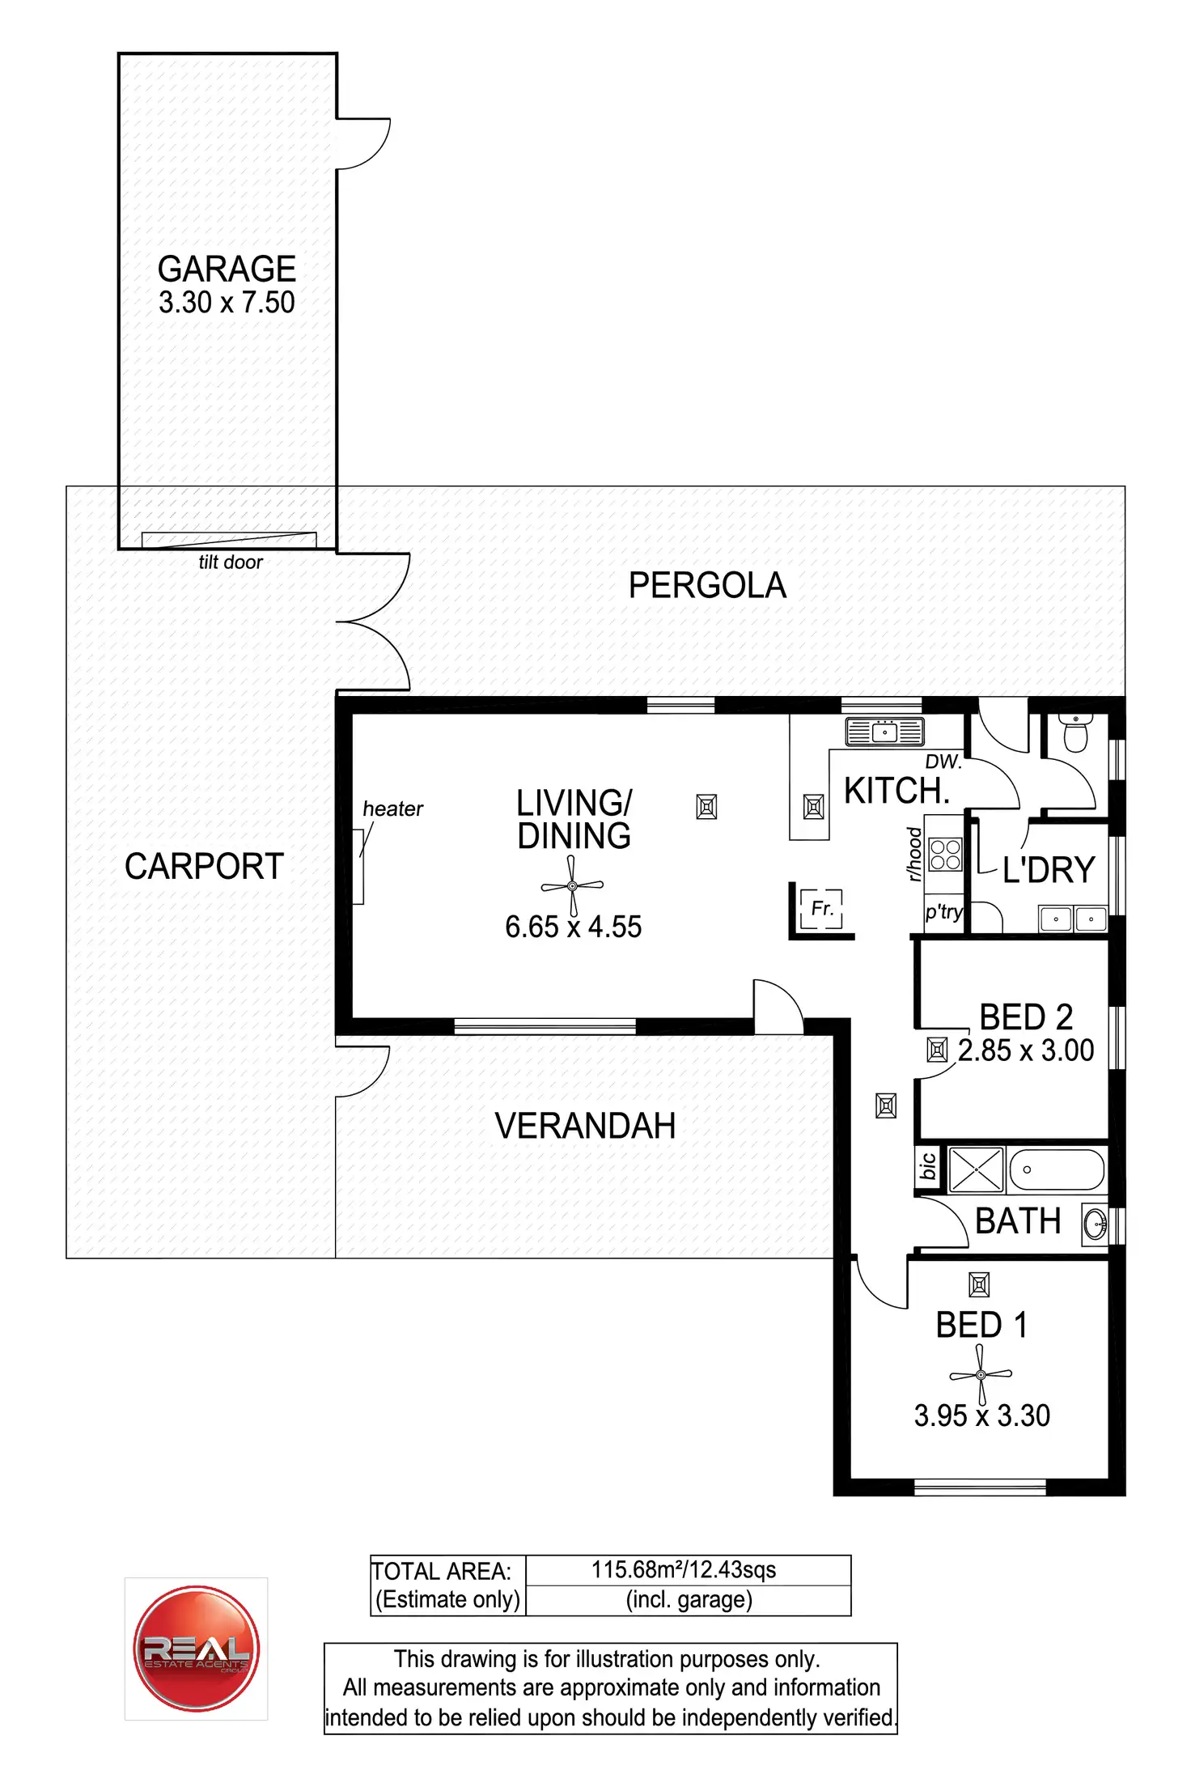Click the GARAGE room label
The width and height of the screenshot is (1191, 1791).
click(x=227, y=269)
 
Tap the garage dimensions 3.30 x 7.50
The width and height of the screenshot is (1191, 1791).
click(x=227, y=303)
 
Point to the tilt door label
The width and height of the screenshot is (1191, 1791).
click(x=231, y=562)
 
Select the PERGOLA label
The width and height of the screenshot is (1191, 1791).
click(x=707, y=585)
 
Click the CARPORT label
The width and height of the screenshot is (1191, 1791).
click(x=204, y=866)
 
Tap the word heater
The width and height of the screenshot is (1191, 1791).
click(x=392, y=808)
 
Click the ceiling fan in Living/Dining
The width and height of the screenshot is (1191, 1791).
click(x=572, y=886)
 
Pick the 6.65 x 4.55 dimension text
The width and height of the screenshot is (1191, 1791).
click(x=573, y=927)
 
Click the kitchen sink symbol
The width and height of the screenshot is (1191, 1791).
click(x=884, y=732)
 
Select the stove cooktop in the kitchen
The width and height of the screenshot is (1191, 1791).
click(x=945, y=855)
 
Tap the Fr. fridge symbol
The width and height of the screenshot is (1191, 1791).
click(x=821, y=908)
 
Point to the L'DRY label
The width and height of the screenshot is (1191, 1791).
click(x=1049, y=870)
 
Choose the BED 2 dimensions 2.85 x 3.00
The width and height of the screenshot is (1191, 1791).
click(x=1026, y=1050)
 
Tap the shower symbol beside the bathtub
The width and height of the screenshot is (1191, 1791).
click(x=976, y=1169)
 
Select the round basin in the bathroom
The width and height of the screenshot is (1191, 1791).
click(x=1095, y=1224)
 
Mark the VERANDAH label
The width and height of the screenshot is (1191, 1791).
click(x=585, y=1126)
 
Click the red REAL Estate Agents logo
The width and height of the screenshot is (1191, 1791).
click(x=196, y=1649)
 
